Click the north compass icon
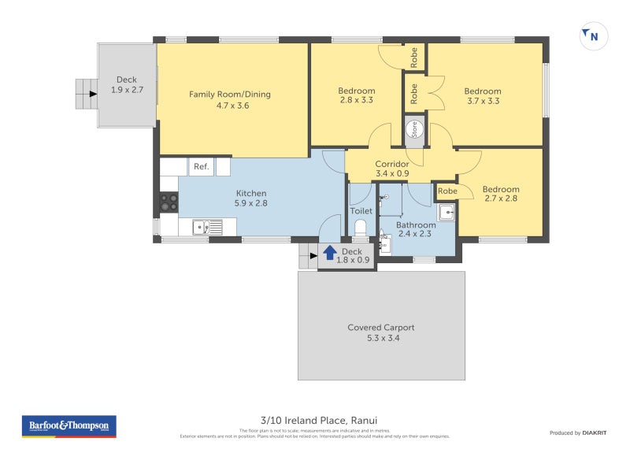tap(593, 35)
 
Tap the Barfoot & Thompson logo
tap(69, 426)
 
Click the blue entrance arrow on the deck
tap(329, 254)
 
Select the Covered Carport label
tap(380, 332)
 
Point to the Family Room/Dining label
tap(229, 99)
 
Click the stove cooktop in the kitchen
tap(169, 202)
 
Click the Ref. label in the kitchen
tap(202, 166)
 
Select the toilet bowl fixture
tap(361, 228)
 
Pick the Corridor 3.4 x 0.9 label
tap(391, 169)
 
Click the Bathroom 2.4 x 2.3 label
tap(416, 229)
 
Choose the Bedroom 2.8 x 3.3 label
tap(356, 96)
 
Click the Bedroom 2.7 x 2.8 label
tap(501, 194)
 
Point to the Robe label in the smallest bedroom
tap(447, 191)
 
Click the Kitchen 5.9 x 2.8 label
tap(251, 198)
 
